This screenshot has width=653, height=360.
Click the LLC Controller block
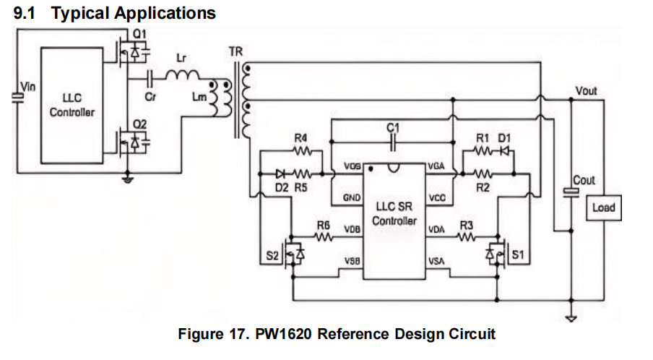click(x=72, y=106)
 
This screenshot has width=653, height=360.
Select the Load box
click(x=603, y=208)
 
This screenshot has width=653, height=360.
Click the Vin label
click(x=27, y=87)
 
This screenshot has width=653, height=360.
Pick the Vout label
click(x=586, y=91)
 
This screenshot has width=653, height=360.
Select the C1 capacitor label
click(x=393, y=127)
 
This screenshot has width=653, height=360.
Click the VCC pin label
click(x=437, y=197)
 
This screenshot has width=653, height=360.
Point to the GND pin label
click(x=351, y=197)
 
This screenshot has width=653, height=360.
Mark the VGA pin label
click(x=436, y=167)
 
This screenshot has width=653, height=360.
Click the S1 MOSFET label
click(x=517, y=254)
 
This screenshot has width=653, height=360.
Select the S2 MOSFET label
click(x=272, y=254)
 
